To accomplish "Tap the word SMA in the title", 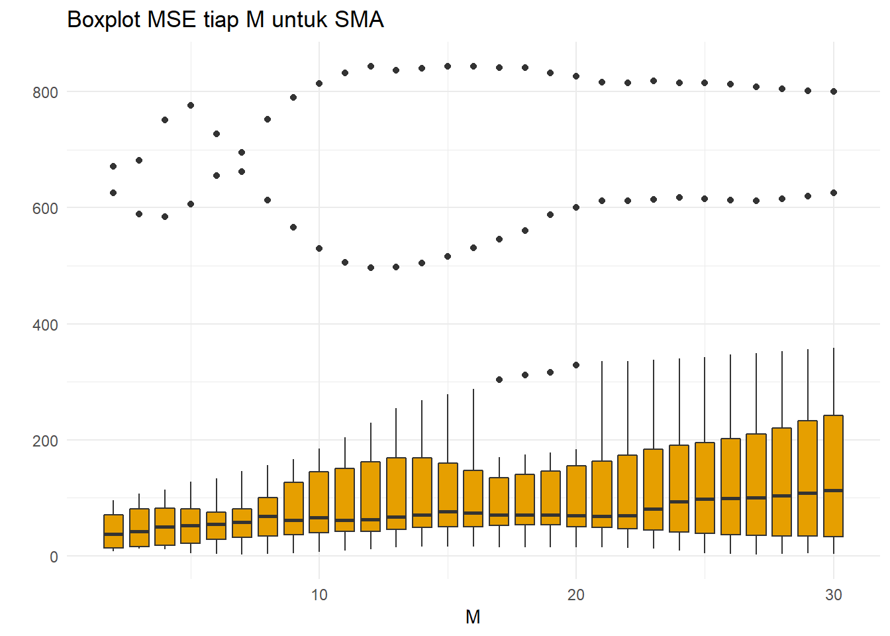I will pos(359,20).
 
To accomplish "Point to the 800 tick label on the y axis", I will pos(45,92).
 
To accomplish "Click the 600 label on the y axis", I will pos(45,208).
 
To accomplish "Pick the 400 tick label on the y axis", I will pos(45,325).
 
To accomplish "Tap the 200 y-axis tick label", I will pos(45,441).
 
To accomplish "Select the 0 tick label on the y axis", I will pos(54,557).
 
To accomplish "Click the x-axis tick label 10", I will pos(319,595).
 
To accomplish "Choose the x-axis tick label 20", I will pos(576,595).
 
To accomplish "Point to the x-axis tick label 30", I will pos(833,595).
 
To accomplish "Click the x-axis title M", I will pos(473,617).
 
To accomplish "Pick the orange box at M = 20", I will pos(576,490).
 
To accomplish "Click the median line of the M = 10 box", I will pos(319,517).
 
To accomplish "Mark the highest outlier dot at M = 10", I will pos(319,83).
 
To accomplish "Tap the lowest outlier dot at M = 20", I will pos(576,365).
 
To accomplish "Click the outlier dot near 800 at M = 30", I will pos(834,91).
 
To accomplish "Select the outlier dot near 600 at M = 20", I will pos(576,207).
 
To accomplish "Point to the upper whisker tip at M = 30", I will pos(833,348).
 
